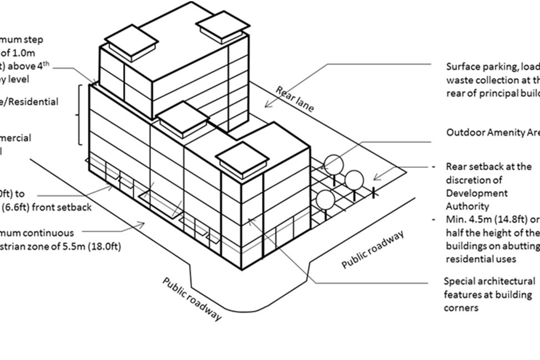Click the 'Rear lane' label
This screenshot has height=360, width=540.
tap(294, 99)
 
